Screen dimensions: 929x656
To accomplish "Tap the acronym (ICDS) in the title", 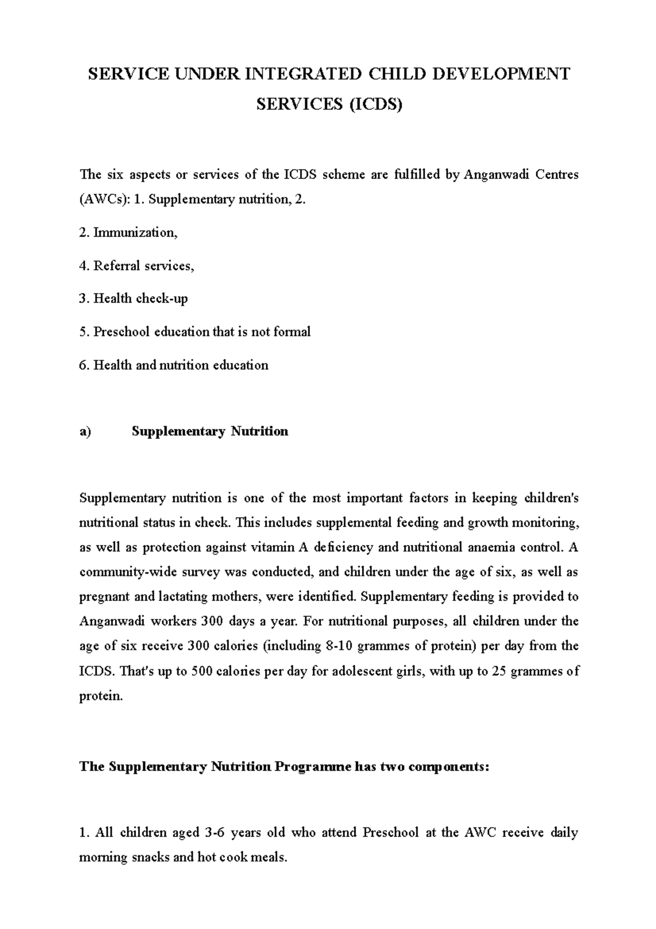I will pos(375,104).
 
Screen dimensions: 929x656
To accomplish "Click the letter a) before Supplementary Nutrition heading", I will pos(85,432).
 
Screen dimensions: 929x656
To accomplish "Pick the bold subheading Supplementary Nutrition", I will pos(210,432).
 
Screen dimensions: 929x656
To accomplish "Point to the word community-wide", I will pos(124,572).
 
